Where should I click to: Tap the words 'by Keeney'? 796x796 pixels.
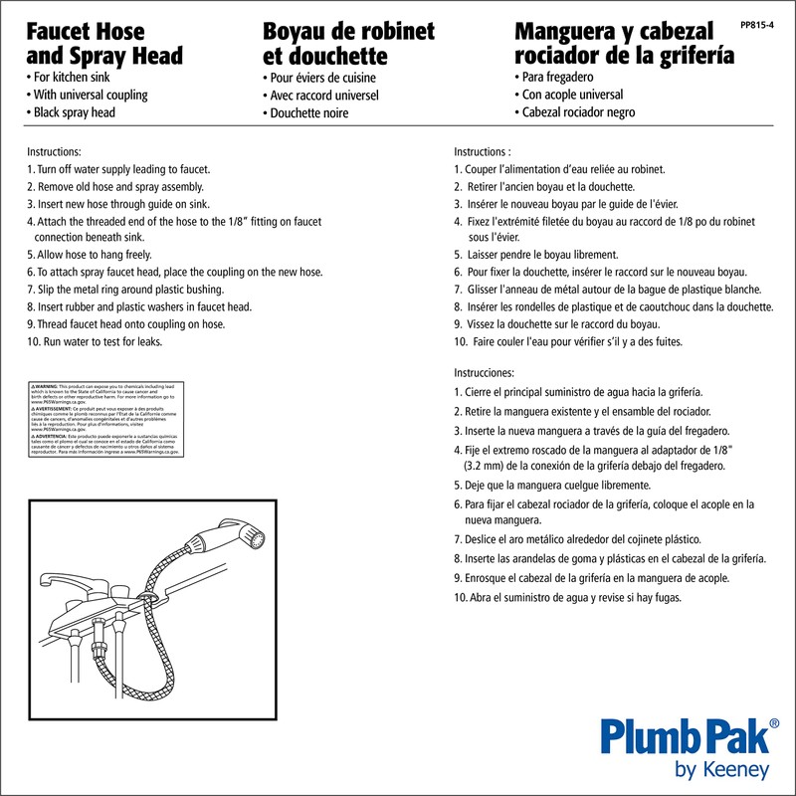(721, 770)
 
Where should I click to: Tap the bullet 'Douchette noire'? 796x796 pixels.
(309, 113)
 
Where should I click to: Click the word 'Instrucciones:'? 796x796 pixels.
(485, 371)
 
